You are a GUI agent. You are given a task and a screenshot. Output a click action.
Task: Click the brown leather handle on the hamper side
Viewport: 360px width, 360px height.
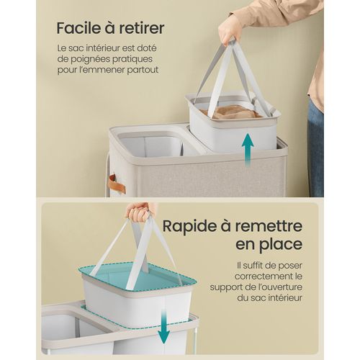click(116, 184)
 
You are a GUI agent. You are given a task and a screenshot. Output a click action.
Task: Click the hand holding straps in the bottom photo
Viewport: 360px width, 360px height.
click(140, 212)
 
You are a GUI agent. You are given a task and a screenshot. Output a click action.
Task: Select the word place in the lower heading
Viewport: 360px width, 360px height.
click(279, 245)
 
